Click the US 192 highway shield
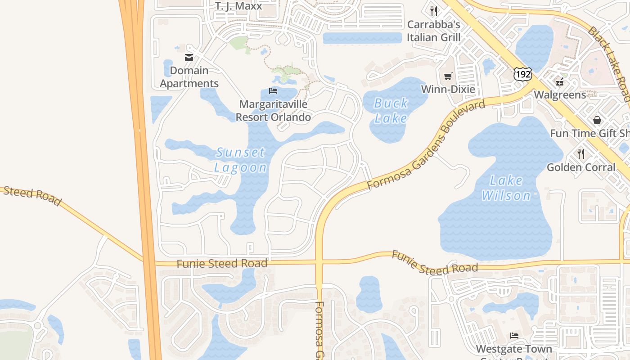click(x=523, y=74)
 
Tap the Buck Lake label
click(x=391, y=111)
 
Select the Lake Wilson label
click(x=506, y=188)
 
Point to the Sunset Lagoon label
click(x=240, y=160)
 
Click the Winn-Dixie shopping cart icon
click(x=448, y=76)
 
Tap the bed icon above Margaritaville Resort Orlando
click(x=273, y=91)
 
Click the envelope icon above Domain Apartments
click(x=189, y=58)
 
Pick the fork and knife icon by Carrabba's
click(x=434, y=11)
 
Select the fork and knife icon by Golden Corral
click(x=581, y=154)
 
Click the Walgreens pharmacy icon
click(x=560, y=82)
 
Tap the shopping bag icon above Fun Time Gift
click(x=597, y=120)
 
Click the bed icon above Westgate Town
click(x=514, y=336)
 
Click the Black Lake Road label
click(x=610, y=63)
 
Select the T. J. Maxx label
click(x=238, y=6)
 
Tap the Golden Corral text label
click(x=581, y=167)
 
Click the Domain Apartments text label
click(x=189, y=77)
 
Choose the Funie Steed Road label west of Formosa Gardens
click(x=222, y=263)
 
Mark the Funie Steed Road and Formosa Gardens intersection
click(x=319, y=261)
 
